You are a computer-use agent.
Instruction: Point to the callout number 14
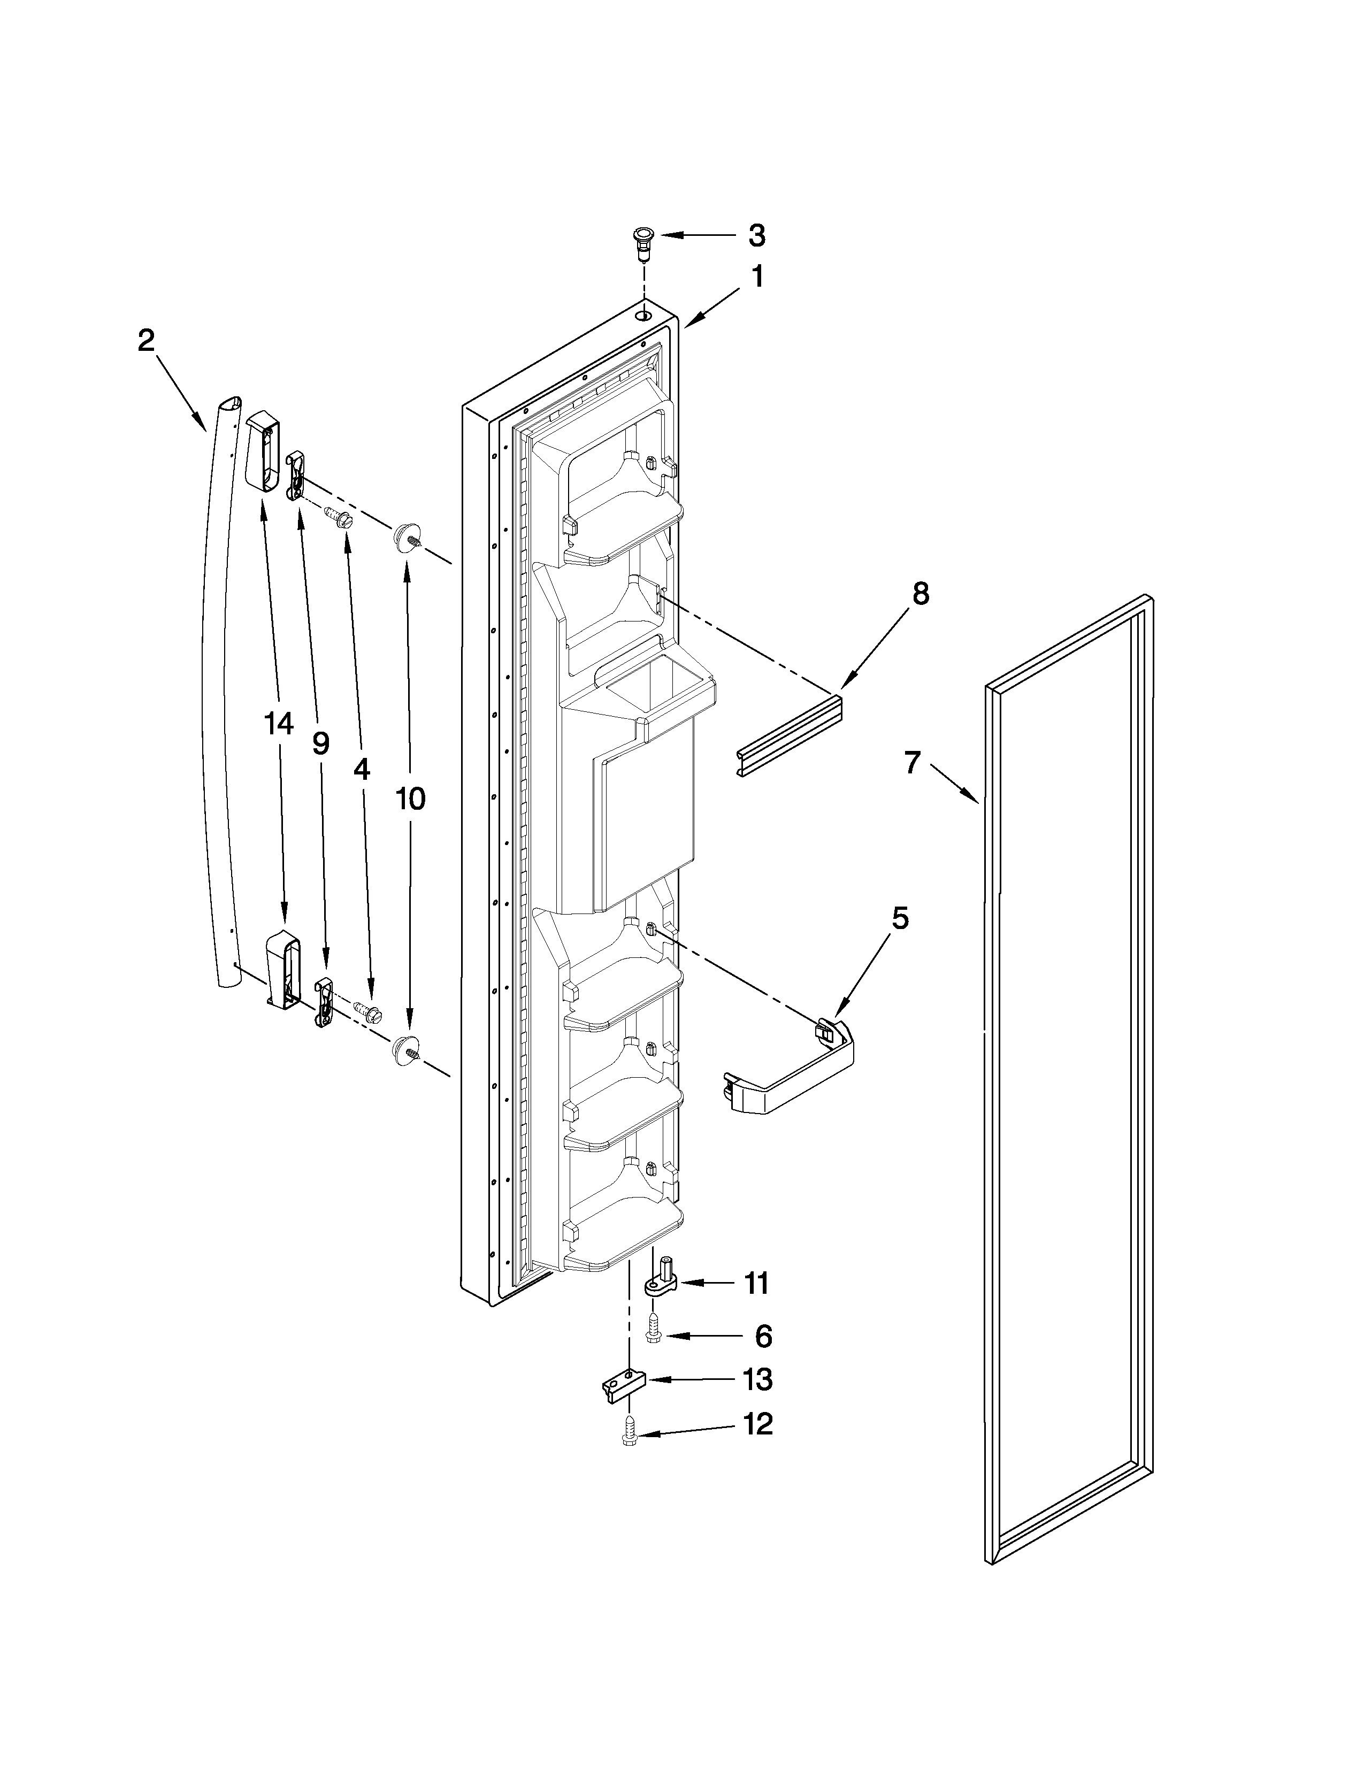click(x=279, y=724)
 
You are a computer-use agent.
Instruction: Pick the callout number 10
click(x=410, y=799)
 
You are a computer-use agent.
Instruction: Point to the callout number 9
click(x=321, y=743)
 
